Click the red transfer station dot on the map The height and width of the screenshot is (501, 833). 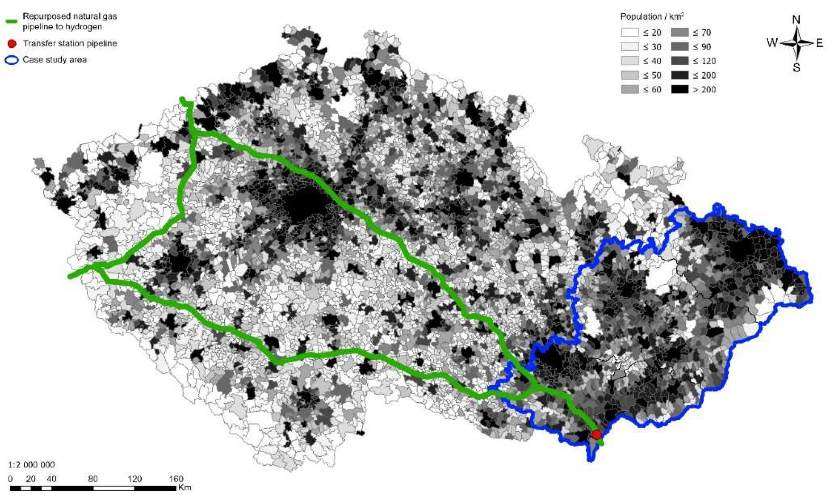point(597,434)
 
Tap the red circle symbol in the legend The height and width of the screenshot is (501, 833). point(12,44)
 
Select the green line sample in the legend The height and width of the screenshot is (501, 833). point(12,21)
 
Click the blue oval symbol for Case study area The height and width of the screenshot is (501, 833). point(12,60)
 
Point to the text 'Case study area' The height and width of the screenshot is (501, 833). point(55,60)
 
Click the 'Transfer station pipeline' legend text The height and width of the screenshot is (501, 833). point(70,44)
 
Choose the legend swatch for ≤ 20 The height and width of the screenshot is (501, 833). point(629,33)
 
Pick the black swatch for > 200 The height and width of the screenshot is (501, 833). point(680,89)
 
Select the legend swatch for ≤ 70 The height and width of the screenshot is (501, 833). point(680,33)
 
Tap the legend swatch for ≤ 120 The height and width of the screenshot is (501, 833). point(680,61)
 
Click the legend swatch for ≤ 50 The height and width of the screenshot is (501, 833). point(629,75)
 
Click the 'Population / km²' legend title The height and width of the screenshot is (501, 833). point(652,17)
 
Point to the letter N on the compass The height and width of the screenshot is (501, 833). point(796,20)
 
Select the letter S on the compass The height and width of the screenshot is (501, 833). point(797,67)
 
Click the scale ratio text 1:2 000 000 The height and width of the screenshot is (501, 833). point(31,465)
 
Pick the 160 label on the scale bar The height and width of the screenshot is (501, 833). point(176,479)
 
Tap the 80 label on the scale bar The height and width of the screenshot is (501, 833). point(93,479)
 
